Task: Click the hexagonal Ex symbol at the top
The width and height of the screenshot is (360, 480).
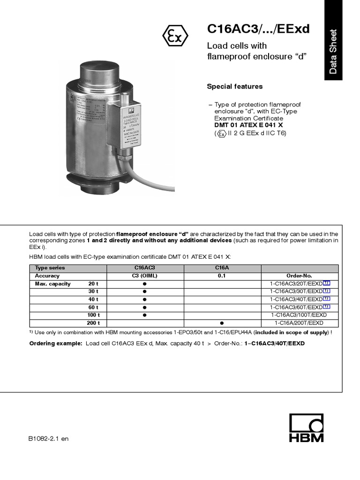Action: pos(175,36)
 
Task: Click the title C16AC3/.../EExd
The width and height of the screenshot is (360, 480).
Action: pos(258,29)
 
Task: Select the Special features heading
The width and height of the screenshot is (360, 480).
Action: pos(235,87)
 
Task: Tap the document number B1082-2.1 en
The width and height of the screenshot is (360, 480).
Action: pos(48,439)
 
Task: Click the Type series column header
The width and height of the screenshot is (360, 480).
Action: pos(50,268)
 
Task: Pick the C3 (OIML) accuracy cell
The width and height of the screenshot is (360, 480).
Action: pos(145,276)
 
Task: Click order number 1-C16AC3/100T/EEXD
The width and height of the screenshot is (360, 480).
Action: pos(299,315)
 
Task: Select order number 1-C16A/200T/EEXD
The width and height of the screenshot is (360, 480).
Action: pos(299,323)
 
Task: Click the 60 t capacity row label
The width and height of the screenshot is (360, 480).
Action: pos(93,307)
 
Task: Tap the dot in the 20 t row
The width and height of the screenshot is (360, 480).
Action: pos(145,284)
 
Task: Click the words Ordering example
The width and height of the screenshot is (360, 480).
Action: pos(56,344)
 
